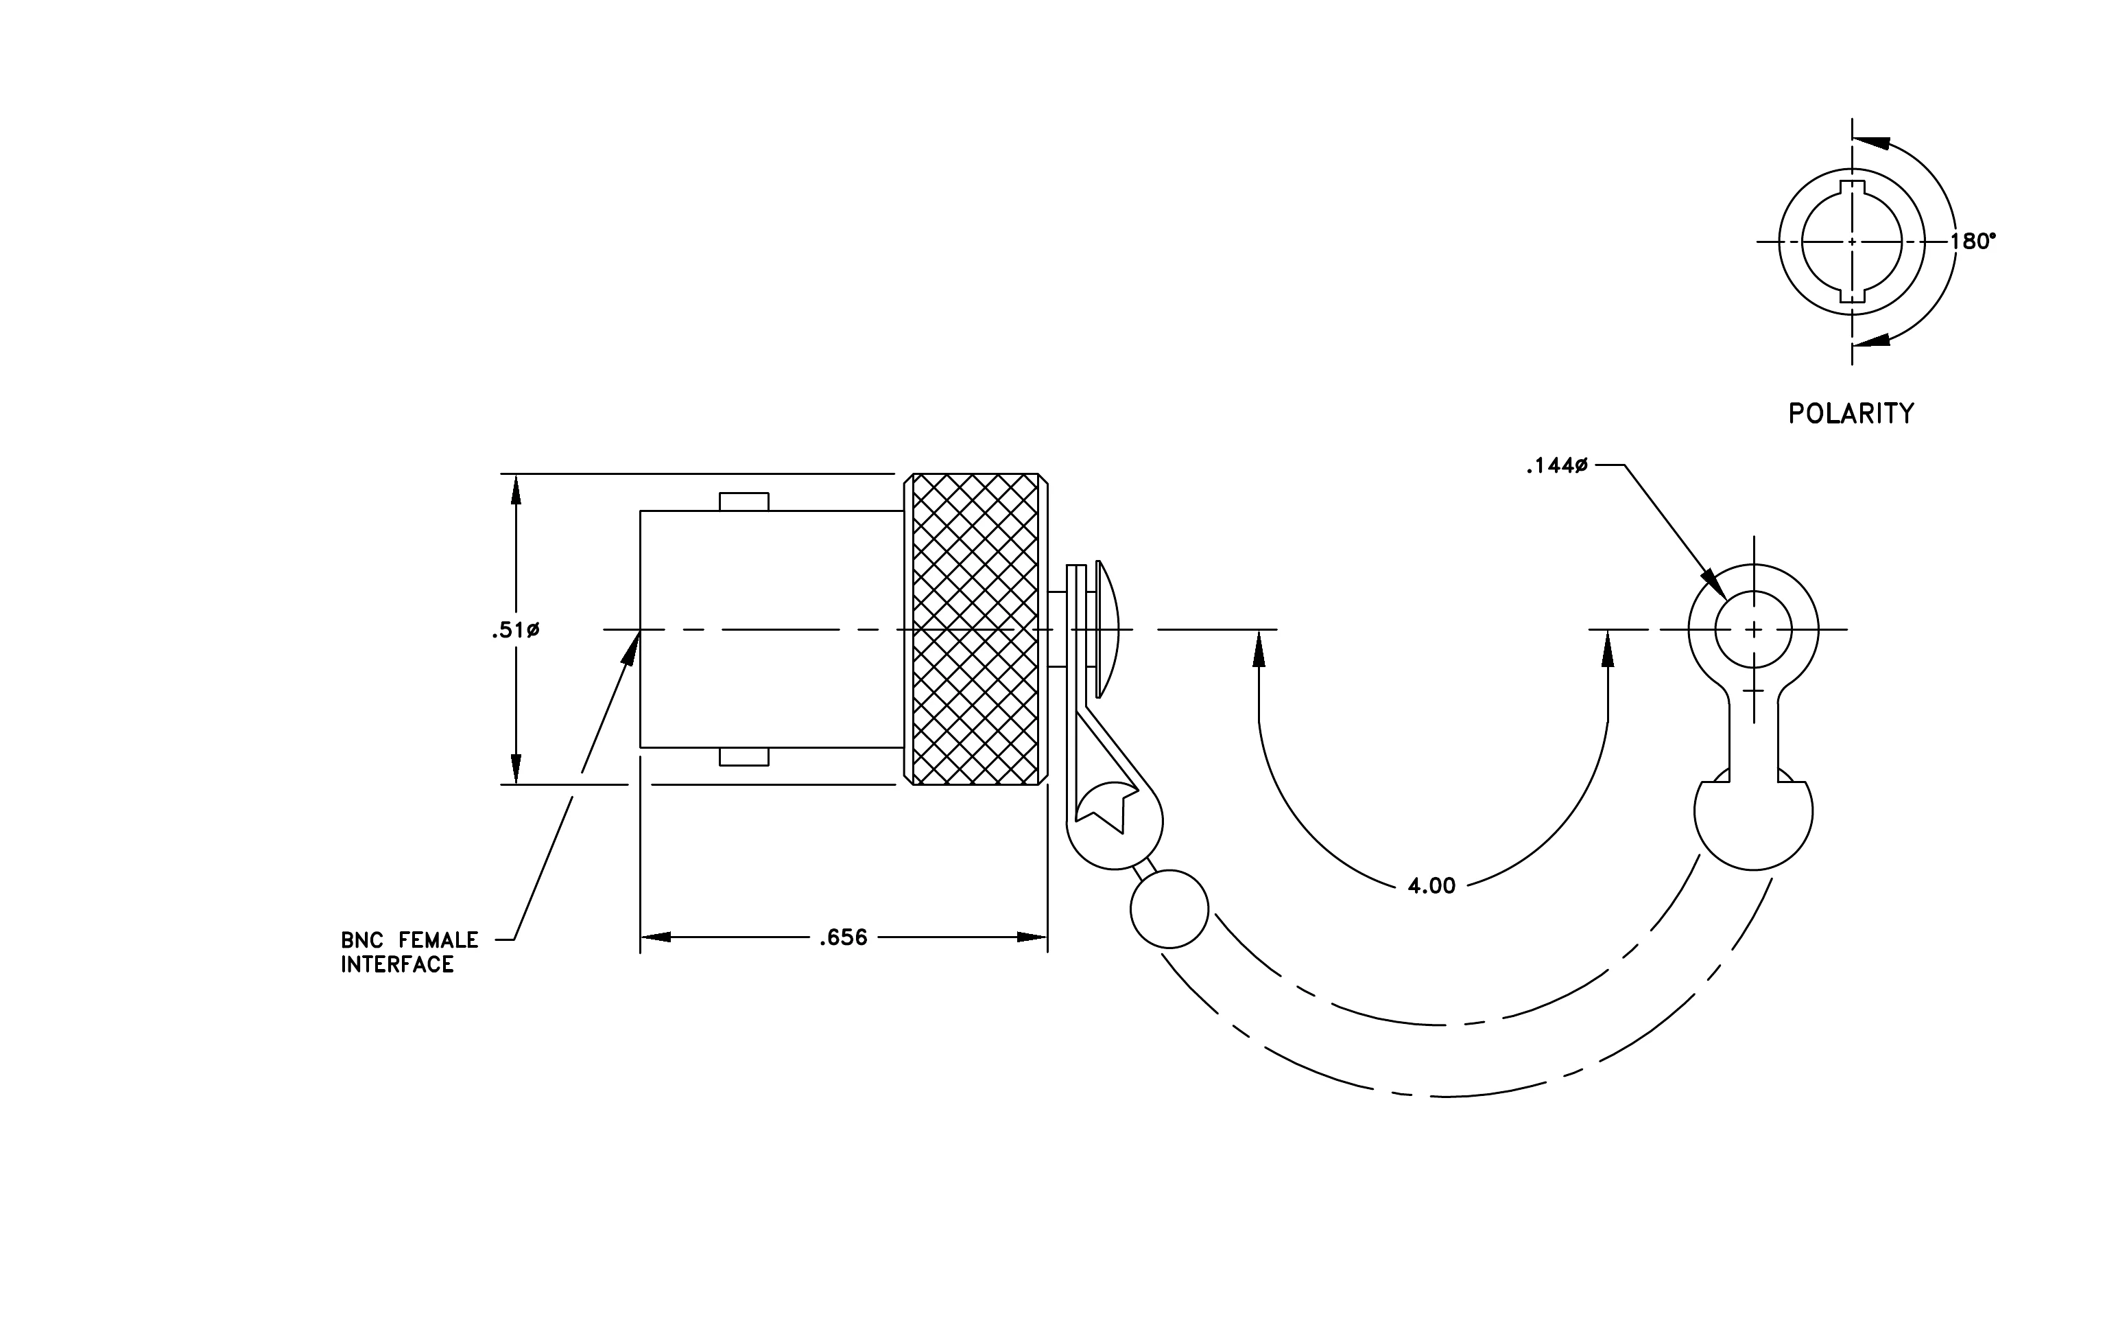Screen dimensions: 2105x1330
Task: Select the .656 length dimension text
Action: point(843,937)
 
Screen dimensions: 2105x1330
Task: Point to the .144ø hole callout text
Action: point(1556,466)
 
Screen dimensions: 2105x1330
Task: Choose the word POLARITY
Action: point(1851,414)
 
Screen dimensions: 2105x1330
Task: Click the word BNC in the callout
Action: point(362,941)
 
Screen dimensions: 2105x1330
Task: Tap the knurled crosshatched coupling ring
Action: point(975,629)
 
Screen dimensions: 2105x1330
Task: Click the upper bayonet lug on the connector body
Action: point(744,502)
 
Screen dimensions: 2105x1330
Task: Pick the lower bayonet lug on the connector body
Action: point(744,756)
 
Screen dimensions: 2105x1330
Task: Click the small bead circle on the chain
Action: point(1169,909)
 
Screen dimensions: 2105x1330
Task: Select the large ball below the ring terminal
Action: point(1754,822)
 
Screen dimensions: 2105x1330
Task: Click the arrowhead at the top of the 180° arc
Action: point(1870,143)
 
